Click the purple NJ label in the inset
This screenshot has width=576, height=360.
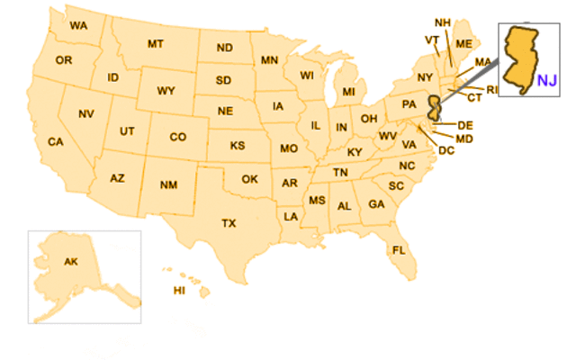[547, 81]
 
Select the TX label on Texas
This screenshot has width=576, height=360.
[229, 221]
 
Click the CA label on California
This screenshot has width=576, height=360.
[56, 142]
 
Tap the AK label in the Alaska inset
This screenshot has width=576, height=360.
[70, 262]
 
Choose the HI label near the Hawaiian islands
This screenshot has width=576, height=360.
[179, 290]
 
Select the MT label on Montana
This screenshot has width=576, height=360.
[156, 43]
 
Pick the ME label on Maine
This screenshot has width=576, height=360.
[464, 43]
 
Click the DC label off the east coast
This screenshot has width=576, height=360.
[446, 150]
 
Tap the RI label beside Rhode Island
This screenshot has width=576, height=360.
[492, 90]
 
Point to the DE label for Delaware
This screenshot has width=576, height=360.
[465, 125]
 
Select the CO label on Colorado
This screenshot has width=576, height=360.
[177, 138]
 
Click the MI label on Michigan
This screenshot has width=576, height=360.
[348, 92]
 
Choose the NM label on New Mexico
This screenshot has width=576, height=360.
[168, 185]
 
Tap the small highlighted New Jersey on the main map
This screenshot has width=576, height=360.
[435, 106]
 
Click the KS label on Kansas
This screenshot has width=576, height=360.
[238, 146]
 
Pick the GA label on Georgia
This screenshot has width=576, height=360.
[376, 205]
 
